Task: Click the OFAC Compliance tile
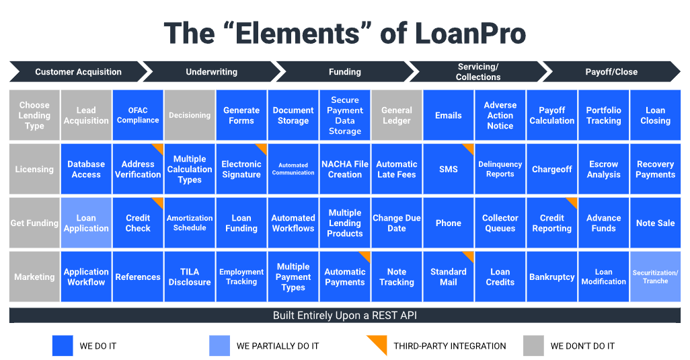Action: (x=138, y=115)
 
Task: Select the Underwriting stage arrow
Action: (x=211, y=71)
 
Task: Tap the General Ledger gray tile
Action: (x=397, y=115)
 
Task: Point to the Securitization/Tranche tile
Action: (x=655, y=277)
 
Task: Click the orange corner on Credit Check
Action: (x=159, y=202)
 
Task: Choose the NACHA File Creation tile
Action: (x=345, y=169)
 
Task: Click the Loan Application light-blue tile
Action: (x=86, y=223)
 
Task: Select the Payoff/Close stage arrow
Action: (x=611, y=71)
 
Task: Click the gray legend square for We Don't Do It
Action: (x=533, y=346)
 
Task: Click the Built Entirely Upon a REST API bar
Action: (x=344, y=316)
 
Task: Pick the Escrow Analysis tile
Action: (x=603, y=169)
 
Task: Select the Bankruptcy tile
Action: (x=551, y=277)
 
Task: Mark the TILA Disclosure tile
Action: (x=190, y=277)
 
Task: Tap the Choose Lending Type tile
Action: (x=34, y=115)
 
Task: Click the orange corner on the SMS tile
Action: (x=469, y=148)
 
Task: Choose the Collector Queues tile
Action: (x=500, y=223)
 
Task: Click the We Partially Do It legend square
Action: (x=219, y=346)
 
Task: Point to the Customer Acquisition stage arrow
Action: (x=78, y=71)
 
